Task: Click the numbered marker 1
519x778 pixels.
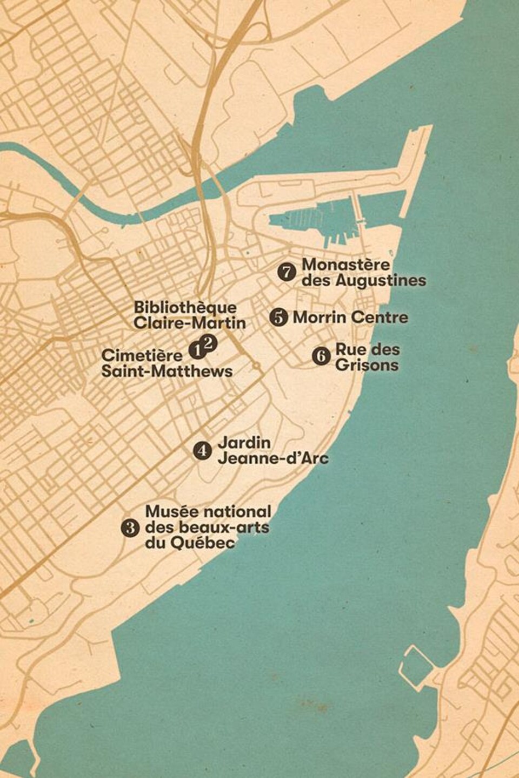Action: click(196, 350)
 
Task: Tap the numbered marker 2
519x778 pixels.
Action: click(209, 342)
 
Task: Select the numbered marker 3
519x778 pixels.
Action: click(130, 527)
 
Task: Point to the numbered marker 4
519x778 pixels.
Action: click(202, 450)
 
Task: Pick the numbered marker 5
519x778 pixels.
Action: click(278, 317)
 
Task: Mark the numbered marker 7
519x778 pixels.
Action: click(287, 271)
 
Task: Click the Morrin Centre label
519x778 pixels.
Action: click(350, 317)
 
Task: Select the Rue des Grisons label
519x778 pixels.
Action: click(367, 357)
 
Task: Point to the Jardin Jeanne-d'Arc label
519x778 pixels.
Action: click(272, 450)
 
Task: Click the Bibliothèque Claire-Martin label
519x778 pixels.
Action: click(189, 315)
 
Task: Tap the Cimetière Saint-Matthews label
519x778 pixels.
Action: click(167, 363)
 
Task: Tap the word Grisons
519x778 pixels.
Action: click(367, 365)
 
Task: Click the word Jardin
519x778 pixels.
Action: click(244, 442)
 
